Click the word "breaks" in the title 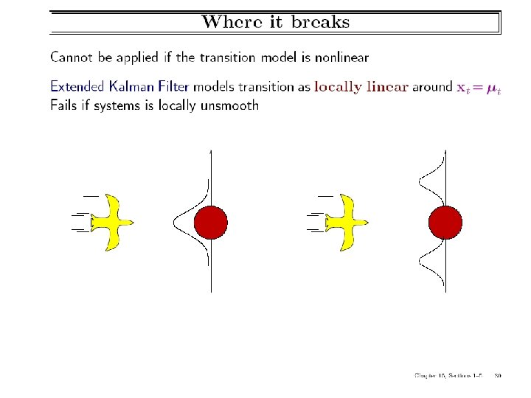click(x=320, y=21)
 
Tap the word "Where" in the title click(x=226, y=21)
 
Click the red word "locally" click(x=338, y=87)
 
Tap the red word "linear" click(x=387, y=87)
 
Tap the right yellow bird click(x=347, y=222)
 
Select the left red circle click(x=210, y=222)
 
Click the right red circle click(x=445, y=222)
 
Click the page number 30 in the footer click(x=498, y=376)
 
